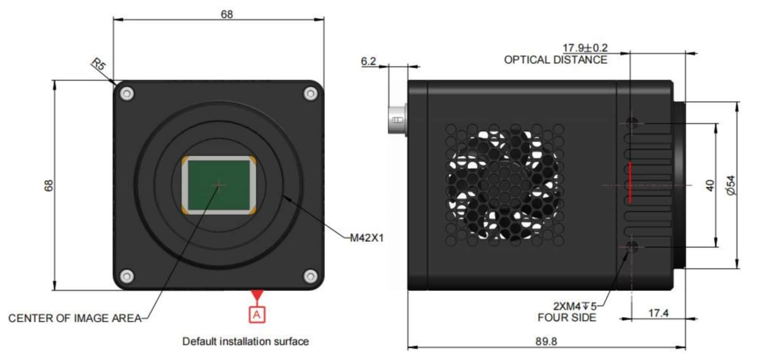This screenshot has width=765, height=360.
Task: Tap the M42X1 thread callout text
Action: [x=366, y=238]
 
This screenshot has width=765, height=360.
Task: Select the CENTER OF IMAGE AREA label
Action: [x=75, y=318]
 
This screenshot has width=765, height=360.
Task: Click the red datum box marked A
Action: [x=257, y=314]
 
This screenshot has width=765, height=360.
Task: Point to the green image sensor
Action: [x=219, y=184]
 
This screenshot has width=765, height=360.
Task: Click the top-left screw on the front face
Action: [x=127, y=93]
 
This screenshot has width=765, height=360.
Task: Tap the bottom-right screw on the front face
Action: [x=310, y=276]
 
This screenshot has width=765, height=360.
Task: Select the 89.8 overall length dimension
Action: [x=547, y=340]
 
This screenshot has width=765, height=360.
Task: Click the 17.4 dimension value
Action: [x=659, y=312]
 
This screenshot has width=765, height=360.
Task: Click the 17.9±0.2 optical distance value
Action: [x=585, y=48]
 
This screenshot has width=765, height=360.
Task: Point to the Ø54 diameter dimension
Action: [x=731, y=185]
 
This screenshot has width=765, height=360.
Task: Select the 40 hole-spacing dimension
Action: [x=710, y=185]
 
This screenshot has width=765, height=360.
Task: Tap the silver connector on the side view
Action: [x=397, y=119]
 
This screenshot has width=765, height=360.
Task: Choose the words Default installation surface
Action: [x=245, y=341]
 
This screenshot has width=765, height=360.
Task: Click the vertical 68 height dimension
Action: [x=49, y=185]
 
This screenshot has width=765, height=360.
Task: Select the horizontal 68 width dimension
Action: [x=226, y=14]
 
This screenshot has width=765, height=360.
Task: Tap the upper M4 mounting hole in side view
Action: [x=633, y=122]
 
